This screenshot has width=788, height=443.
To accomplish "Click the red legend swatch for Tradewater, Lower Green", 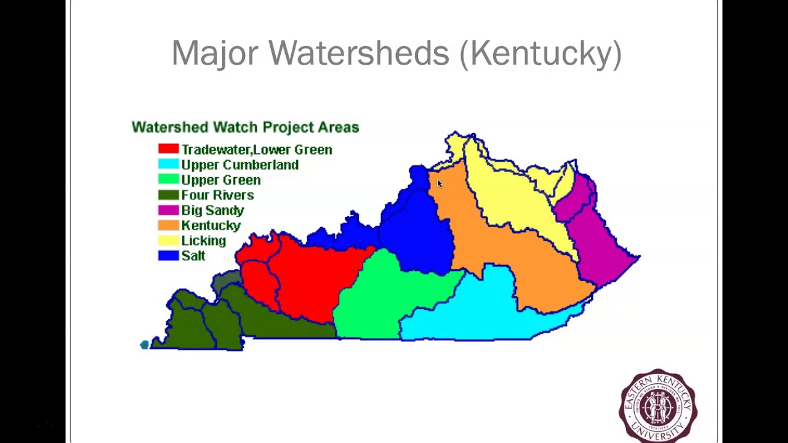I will point(168,149).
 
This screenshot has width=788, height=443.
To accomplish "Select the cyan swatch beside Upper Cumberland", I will point(168,164).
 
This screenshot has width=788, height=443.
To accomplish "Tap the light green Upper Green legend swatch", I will point(168,180).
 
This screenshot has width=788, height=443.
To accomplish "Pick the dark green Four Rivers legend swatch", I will point(168,195).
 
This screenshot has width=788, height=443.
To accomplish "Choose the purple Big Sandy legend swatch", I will point(168,210).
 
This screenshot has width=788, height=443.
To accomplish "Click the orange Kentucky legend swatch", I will point(168,225).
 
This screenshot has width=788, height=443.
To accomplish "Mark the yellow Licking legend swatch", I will point(168,241).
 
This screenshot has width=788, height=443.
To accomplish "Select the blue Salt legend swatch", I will point(168,255).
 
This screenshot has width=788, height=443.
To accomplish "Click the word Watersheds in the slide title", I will point(359,53).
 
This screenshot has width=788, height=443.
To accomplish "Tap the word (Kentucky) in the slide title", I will point(540,54).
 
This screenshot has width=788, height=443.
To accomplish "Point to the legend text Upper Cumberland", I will point(239,165).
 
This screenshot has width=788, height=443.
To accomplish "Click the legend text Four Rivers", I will point(217,195).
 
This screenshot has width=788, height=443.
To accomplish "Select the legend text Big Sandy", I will point(212,210).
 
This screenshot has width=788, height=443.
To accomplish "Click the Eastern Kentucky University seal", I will point(658,405).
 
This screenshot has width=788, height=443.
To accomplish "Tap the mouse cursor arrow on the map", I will point(439,183).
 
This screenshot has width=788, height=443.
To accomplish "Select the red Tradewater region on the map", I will point(308,277).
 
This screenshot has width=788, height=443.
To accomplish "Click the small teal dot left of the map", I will point(145,345).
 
